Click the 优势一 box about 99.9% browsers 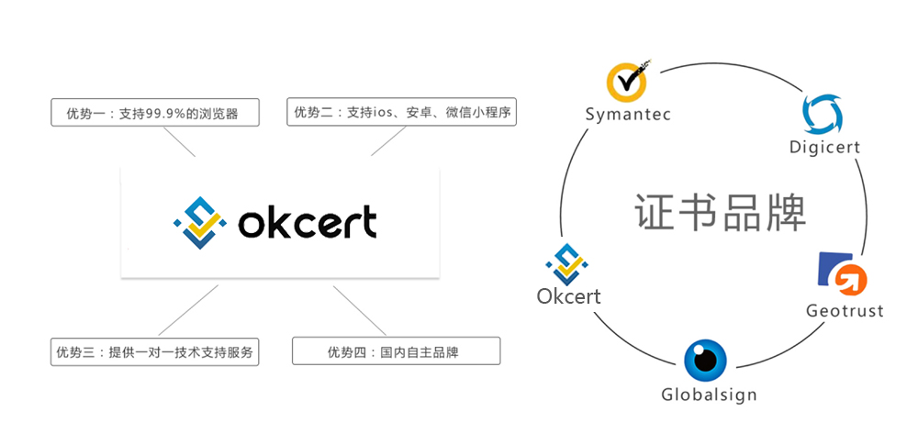coord(154,112)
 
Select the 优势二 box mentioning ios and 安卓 coord(402,111)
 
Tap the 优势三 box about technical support coord(154,352)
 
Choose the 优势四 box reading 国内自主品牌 coord(397,350)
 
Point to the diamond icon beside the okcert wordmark coord(200,222)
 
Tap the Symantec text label coord(628,114)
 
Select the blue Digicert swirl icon coord(823,114)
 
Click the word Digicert coord(825,146)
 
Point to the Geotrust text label coord(845,310)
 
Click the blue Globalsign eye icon coord(705,360)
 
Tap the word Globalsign coord(709,394)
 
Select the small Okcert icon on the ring coord(566,264)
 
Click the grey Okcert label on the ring coord(568,295)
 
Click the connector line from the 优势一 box coord(179,141)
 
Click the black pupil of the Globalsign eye coord(705,360)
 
